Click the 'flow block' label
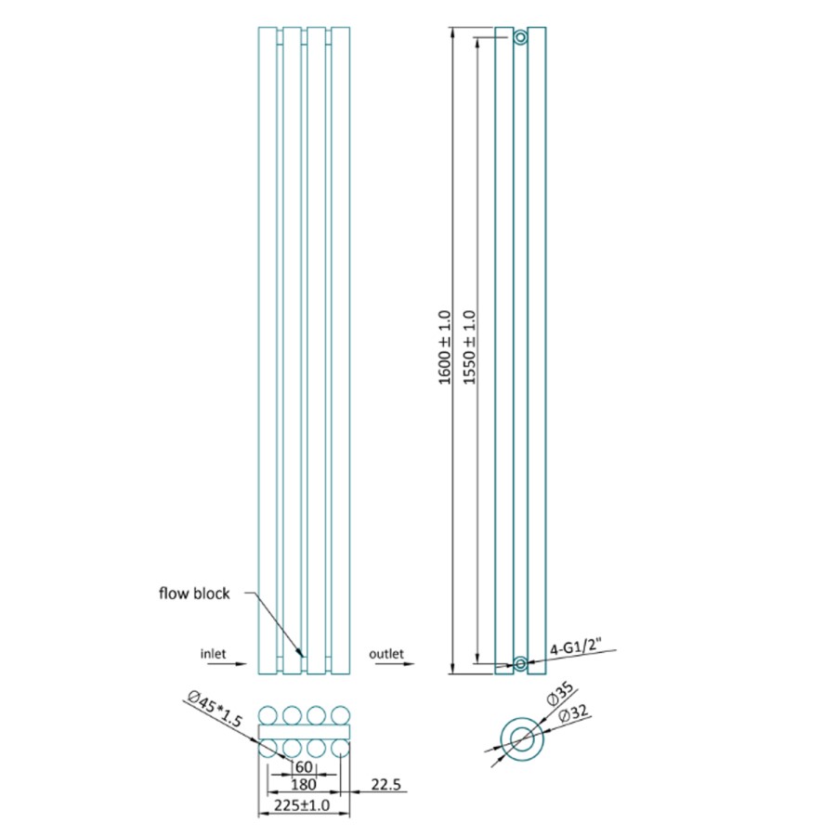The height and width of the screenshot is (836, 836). pyautogui.click(x=193, y=594)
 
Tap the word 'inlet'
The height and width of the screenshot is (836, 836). pyautogui.click(x=214, y=653)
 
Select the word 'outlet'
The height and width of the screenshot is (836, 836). pyautogui.click(x=386, y=654)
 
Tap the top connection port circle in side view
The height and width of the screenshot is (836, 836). pyautogui.click(x=520, y=37)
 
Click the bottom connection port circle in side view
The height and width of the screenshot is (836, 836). pyautogui.click(x=520, y=662)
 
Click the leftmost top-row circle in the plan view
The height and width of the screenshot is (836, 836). pyautogui.click(x=268, y=715)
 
